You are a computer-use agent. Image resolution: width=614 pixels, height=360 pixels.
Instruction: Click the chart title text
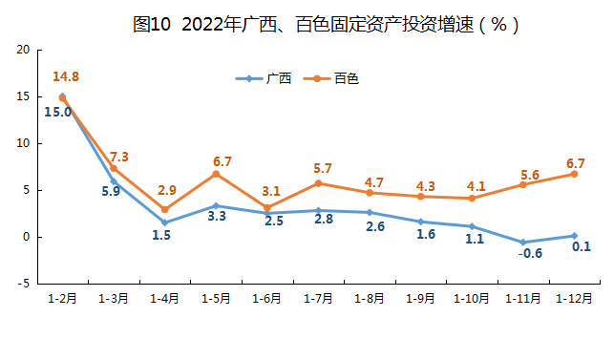326,24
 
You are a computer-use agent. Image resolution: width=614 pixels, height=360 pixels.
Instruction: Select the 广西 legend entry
264,78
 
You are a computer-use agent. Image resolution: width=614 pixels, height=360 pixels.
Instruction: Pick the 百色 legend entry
331,78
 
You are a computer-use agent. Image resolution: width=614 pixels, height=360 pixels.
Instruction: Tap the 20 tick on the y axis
23,50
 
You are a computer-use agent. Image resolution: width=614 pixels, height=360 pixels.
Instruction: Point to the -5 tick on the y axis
24,284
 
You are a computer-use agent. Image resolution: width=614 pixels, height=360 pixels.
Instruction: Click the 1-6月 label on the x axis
266,299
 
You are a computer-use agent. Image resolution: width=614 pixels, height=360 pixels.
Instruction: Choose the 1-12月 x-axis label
574,299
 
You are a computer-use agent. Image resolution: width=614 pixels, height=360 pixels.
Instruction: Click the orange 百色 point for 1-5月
216,174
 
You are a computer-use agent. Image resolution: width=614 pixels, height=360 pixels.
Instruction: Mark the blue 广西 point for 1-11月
523,243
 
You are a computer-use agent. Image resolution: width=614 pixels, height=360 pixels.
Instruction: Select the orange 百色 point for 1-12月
574,174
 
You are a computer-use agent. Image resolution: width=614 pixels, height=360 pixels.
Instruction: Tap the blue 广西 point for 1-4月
164,222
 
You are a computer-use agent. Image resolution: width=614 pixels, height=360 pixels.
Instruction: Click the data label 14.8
66,76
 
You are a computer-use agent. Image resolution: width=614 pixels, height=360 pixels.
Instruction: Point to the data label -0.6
530,253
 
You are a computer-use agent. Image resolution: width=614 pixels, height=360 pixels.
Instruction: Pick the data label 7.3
118,157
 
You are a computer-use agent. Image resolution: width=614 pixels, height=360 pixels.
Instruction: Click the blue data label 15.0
58,112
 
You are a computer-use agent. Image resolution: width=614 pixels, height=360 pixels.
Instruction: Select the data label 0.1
582,246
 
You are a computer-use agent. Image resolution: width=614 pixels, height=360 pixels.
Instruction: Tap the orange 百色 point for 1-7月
318,183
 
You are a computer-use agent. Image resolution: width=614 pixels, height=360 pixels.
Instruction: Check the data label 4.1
476,186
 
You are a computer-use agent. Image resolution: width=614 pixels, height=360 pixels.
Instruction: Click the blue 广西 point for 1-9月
420,222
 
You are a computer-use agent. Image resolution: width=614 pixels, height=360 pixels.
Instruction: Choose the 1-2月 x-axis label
62,299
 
